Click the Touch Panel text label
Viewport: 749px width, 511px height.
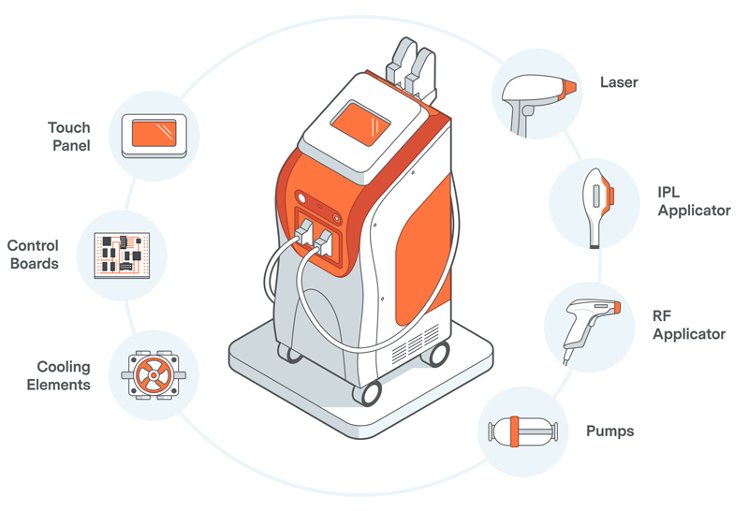click(x=69, y=136)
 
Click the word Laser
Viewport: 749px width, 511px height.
click(x=618, y=82)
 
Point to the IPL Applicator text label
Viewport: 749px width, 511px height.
click(x=693, y=201)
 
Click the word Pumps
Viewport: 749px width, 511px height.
click(x=609, y=431)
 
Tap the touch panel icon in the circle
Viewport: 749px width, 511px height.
click(x=154, y=134)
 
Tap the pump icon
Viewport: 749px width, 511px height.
click(x=524, y=431)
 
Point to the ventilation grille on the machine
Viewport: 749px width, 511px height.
click(x=409, y=349)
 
